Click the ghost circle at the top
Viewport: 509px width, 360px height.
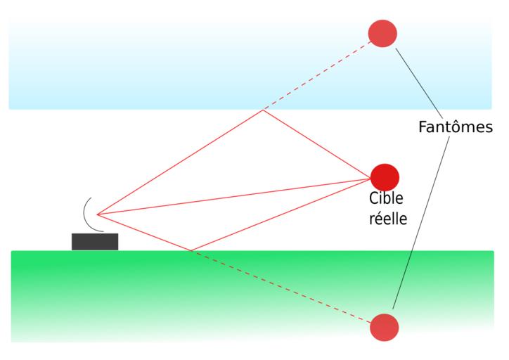pyautogui.click(x=383, y=33)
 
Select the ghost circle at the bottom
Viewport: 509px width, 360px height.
pyautogui.click(x=384, y=327)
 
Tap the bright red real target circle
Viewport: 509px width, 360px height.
pyautogui.click(x=385, y=176)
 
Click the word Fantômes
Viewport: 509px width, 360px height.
pyautogui.click(x=455, y=127)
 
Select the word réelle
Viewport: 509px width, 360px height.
pyautogui.click(x=388, y=218)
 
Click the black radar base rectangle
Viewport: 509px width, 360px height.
pyautogui.click(x=95, y=241)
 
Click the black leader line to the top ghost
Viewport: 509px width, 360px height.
pyautogui.click(x=419, y=83)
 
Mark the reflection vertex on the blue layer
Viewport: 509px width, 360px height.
pyautogui.click(x=262, y=110)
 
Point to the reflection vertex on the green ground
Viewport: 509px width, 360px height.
pyautogui.click(x=190, y=250)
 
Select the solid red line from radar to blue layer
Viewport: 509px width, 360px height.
pyautogui.click(x=179, y=162)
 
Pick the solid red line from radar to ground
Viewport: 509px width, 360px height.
pyautogui.click(x=143, y=232)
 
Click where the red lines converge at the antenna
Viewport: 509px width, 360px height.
pyautogui.click(x=97, y=214)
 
